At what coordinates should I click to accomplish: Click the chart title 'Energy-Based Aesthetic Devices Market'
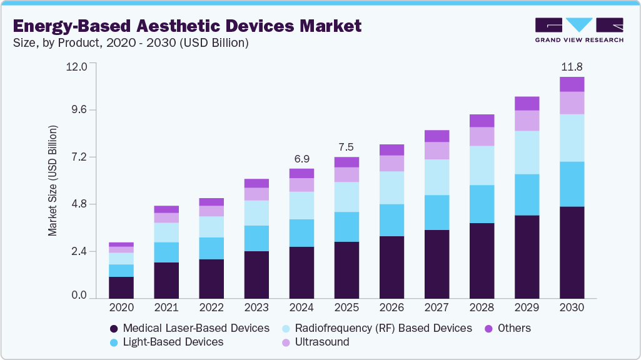click(x=187, y=26)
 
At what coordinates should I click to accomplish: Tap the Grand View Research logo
click(x=579, y=29)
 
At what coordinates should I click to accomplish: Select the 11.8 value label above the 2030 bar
click(x=572, y=67)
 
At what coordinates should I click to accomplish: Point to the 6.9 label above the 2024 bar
click(x=301, y=159)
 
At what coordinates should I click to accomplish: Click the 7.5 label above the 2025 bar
click(x=346, y=147)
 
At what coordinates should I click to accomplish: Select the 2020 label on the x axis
click(x=121, y=307)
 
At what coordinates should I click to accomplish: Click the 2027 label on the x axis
click(x=437, y=307)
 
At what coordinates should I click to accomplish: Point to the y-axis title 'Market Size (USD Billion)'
click(x=53, y=181)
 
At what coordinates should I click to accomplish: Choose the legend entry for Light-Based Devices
click(x=166, y=342)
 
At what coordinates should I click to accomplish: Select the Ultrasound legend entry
click(x=316, y=342)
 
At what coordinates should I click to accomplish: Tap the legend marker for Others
click(x=491, y=328)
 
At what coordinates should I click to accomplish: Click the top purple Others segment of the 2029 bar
click(x=527, y=103)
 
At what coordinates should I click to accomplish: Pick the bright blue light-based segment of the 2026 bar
click(x=391, y=220)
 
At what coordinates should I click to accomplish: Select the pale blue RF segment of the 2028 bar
click(x=482, y=165)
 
